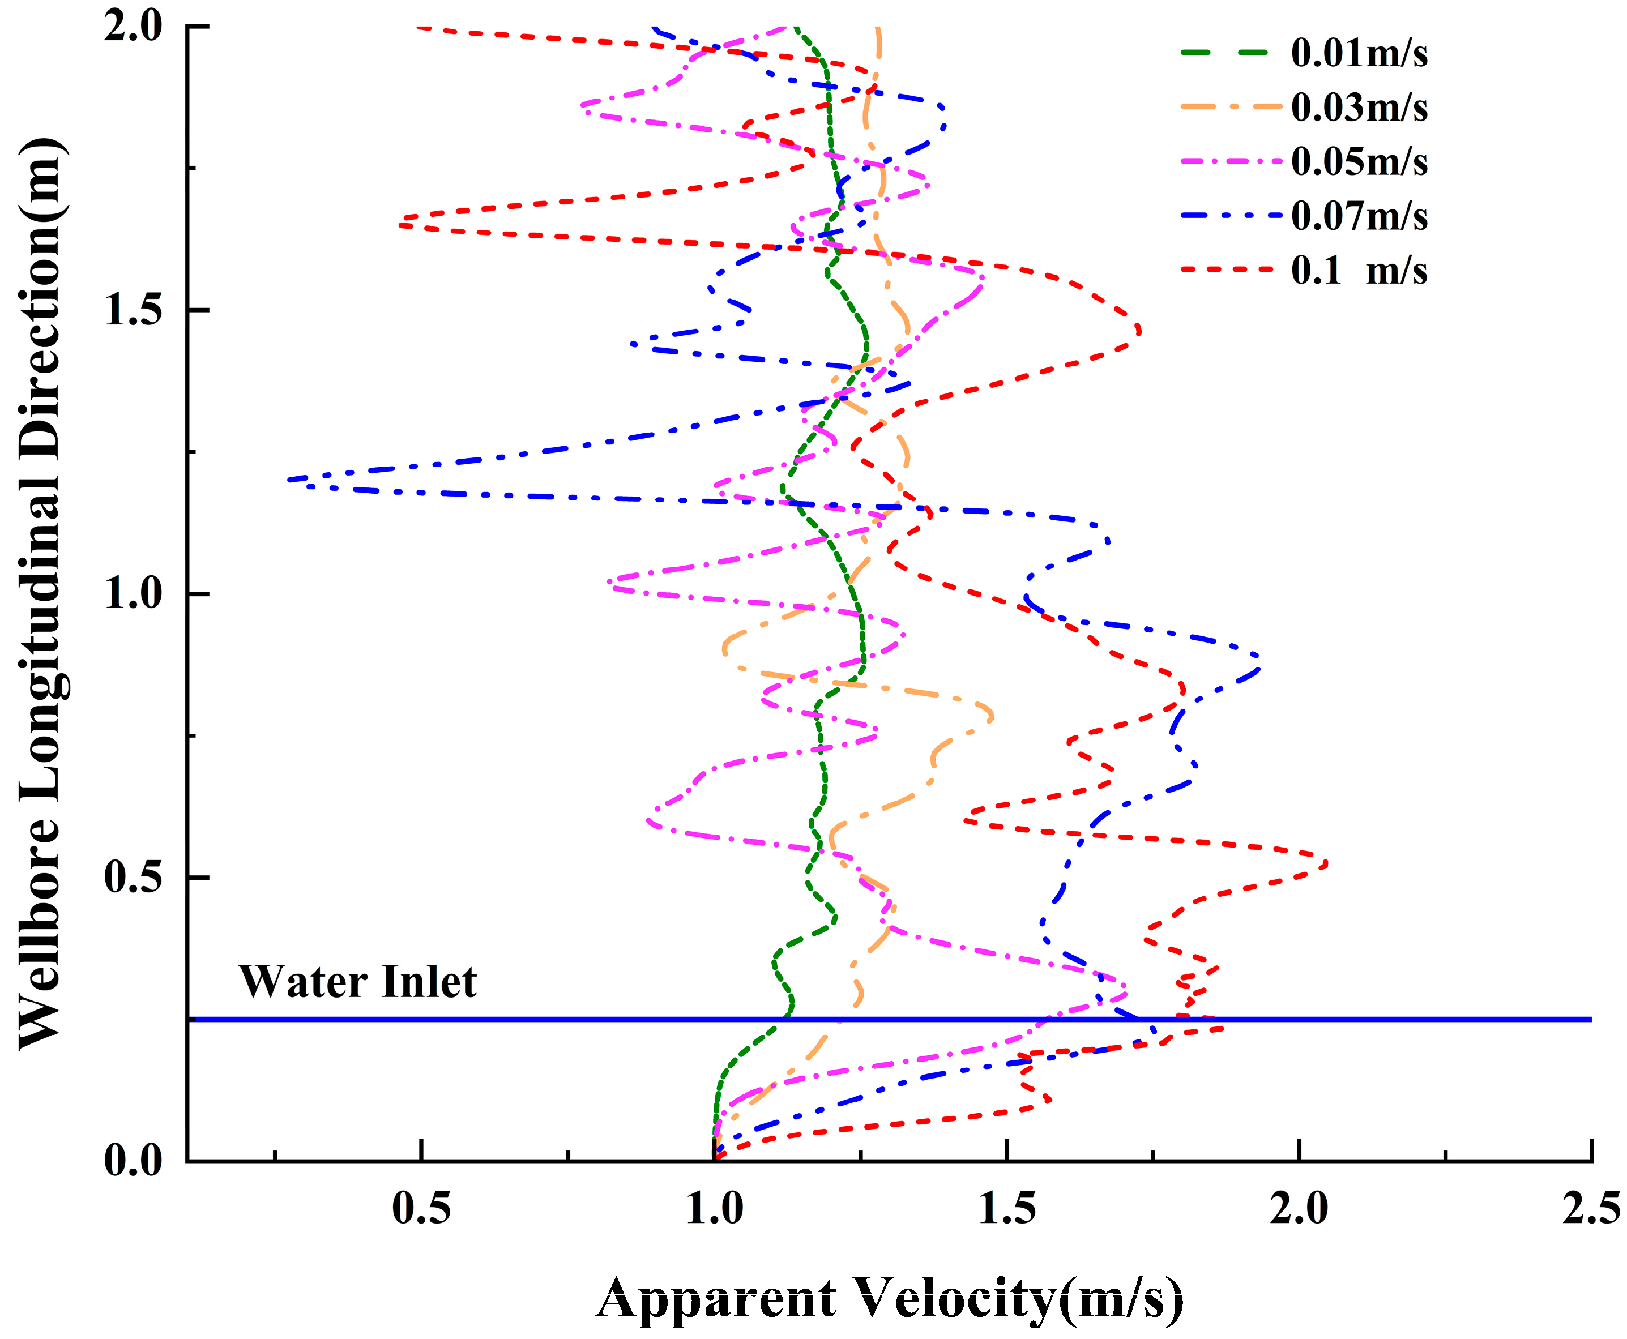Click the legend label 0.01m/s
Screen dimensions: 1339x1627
coord(1359,53)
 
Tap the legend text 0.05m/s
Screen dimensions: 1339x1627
coord(1359,161)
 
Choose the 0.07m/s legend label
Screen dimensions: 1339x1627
coord(1359,215)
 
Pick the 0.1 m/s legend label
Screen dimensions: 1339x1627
coord(1359,270)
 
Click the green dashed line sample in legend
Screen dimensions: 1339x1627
coord(1224,53)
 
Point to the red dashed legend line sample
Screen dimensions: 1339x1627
coord(1224,270)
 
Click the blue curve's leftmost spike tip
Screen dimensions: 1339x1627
coord(288,480)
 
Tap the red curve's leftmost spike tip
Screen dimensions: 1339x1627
coord(400,224)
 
